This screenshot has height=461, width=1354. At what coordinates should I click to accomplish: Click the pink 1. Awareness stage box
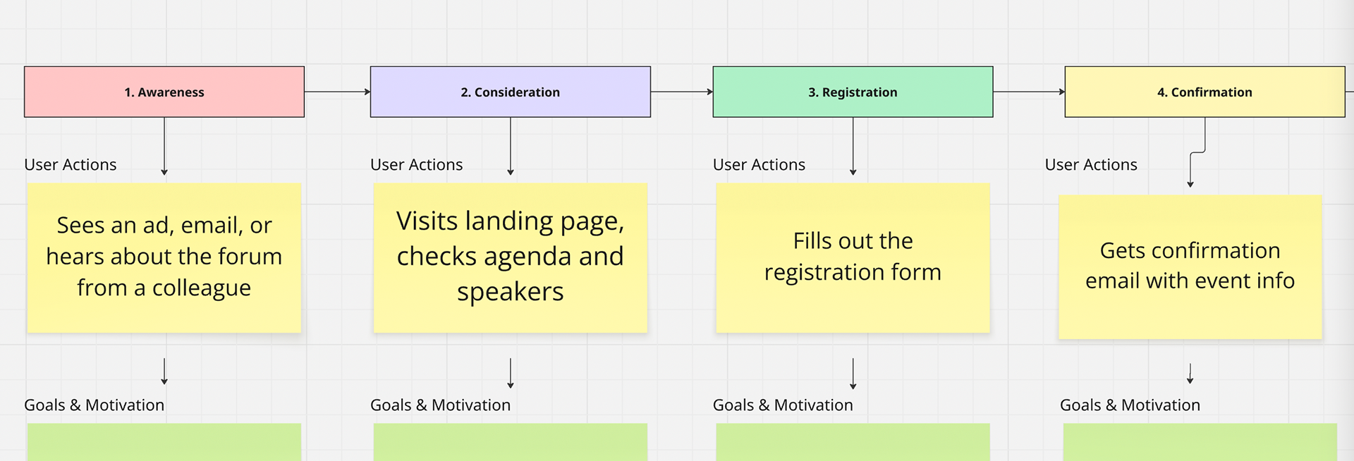coord(164,92)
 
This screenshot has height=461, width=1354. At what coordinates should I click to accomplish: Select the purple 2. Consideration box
coord(510,92)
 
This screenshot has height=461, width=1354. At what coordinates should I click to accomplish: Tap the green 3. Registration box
coord(853,92)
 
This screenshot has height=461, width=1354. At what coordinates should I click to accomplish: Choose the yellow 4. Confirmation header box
coord(1204,92)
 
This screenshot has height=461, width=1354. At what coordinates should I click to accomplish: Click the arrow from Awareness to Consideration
coord(337,92)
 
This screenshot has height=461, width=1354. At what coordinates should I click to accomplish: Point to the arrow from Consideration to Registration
coord(682,92)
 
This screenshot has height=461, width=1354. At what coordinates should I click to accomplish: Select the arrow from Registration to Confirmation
coord(1029,92)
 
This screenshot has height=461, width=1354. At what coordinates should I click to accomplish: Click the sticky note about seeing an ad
coord(164,258)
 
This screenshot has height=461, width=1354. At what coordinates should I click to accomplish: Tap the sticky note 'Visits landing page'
coord(510,258)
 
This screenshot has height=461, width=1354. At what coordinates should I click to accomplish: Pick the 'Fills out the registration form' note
coord(853,258)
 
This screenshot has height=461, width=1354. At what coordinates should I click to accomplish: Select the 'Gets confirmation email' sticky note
coord(1190,267)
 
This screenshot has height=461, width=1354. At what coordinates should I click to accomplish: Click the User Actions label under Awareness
coord(71,165)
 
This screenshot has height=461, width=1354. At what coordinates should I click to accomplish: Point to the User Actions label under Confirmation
coord(1091,165)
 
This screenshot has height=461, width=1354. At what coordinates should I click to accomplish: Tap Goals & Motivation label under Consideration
coord(440,405)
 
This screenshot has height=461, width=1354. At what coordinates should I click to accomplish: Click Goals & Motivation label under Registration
coord(783,405)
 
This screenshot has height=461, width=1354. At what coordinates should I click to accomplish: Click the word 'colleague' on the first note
coord(202,288)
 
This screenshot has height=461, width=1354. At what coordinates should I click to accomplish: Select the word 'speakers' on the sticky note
coord(511,293)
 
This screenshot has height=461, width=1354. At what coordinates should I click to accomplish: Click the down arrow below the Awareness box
coord(164,146)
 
